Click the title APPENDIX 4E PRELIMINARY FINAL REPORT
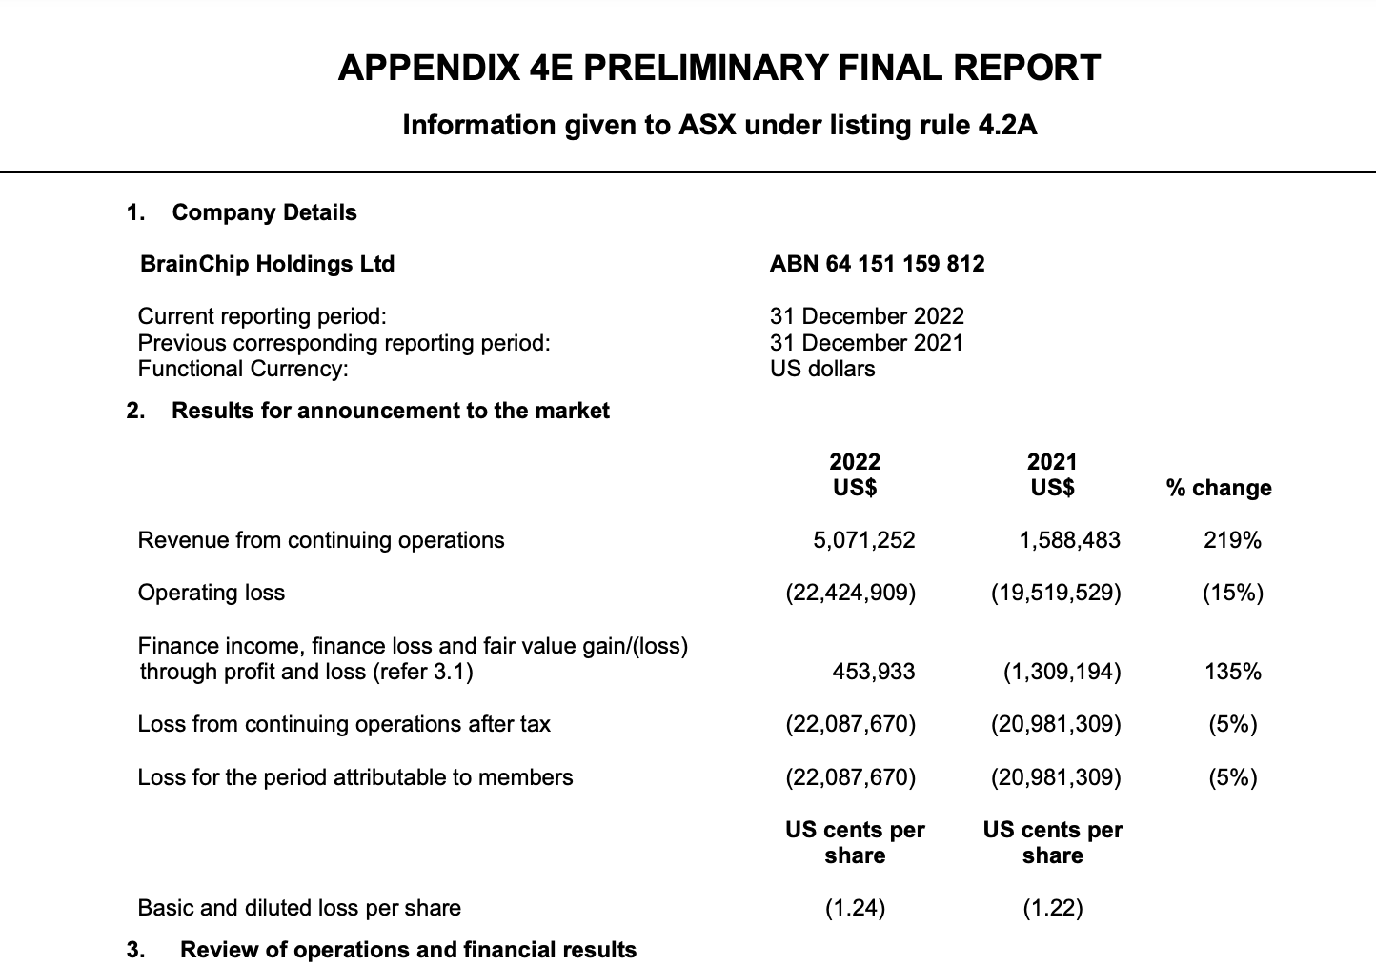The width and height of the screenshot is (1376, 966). (x=719, y=69)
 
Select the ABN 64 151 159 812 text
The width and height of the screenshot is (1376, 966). (x=877, y=264)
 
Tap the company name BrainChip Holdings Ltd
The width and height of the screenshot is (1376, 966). (x=267, y=264)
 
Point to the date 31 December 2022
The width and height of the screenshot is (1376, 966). (x=866, y=316)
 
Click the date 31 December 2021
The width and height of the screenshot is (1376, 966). (x=866, y=343)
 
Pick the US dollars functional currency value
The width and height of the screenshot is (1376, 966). (x=821, y=369)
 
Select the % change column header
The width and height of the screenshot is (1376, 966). (x=1218, y=488)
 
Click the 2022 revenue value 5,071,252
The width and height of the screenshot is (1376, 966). (x=863, y=540)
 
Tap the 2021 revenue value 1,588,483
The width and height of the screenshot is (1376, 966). (x=1069, y=540)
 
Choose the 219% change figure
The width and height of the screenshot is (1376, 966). (x=1232, y=540)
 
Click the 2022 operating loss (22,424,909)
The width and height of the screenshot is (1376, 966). (x=850, y=593)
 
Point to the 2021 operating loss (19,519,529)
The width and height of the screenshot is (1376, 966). (x=1056, y=593)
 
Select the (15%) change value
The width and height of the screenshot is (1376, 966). (x=1232, y=593)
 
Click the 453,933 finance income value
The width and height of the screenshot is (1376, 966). (x=873, y=672)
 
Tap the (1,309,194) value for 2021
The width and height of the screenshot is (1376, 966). (x=1062, y=672)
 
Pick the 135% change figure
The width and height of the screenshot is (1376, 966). (x=1232, y=672)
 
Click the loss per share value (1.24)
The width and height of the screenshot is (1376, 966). (x=855, y=908)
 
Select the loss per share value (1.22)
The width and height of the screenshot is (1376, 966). (x=1052, y=908)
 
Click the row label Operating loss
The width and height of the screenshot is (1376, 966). (x=212, y=593)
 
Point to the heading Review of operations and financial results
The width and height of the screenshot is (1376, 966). (x=408, y=950)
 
